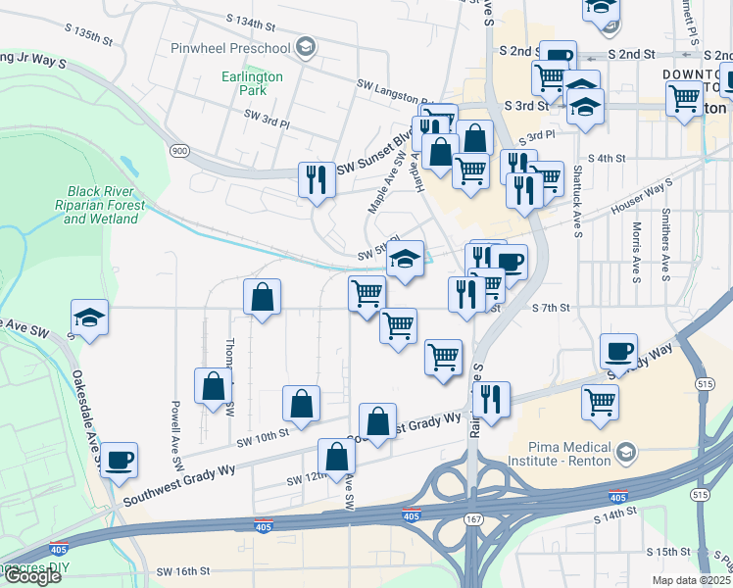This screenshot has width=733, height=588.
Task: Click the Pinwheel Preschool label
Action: [230, 48]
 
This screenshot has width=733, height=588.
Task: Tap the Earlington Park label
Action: [253, 83]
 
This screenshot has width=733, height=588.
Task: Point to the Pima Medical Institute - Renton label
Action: [562, 453]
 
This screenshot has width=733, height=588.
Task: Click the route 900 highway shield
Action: [179, 150]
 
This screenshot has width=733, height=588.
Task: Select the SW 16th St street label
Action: [183, 570]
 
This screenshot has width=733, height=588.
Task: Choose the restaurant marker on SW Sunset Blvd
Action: [316, 178]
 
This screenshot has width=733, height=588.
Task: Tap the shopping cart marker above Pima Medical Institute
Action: [600, 399]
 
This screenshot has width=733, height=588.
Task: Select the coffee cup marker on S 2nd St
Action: [558, 57]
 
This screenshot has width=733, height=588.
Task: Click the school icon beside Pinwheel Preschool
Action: [306, 47]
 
